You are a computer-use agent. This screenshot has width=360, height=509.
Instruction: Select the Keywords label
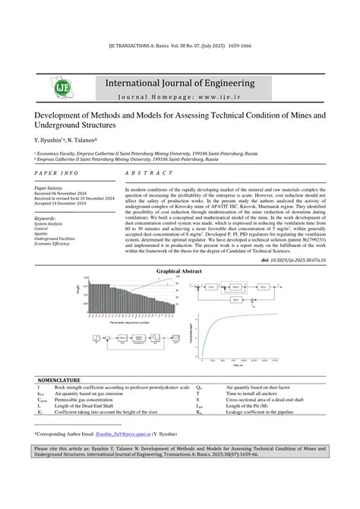pyautogui.click(x=46, y=218)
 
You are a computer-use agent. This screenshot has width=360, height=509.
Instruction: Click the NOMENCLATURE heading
pyautogui.click(x=62, y=380)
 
